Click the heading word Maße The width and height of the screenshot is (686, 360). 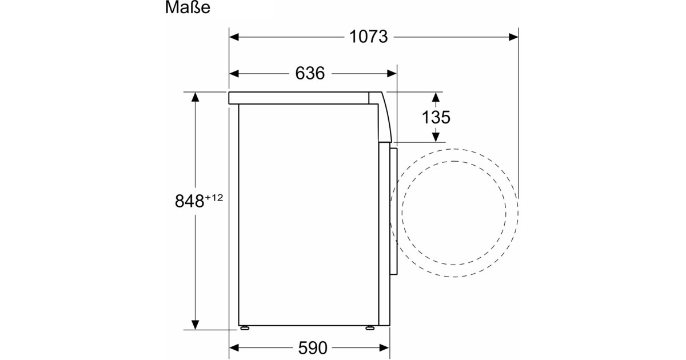(x=188, y=7)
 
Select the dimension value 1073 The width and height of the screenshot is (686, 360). (x=368, y=37)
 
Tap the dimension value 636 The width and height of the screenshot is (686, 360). (x=310, y=74)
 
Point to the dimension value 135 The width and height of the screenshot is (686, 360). (x=436, y=117)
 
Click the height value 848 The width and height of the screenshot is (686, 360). (x=189, y=201)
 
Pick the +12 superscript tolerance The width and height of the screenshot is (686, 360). (x=214, y=198)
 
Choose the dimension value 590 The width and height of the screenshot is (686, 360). (x=313, y=348)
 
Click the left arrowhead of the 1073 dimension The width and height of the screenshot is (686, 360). (x=234, y=37)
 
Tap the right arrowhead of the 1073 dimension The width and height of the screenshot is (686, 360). (x=513, y=37)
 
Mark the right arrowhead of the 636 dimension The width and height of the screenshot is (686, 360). (x=392, y=74)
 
